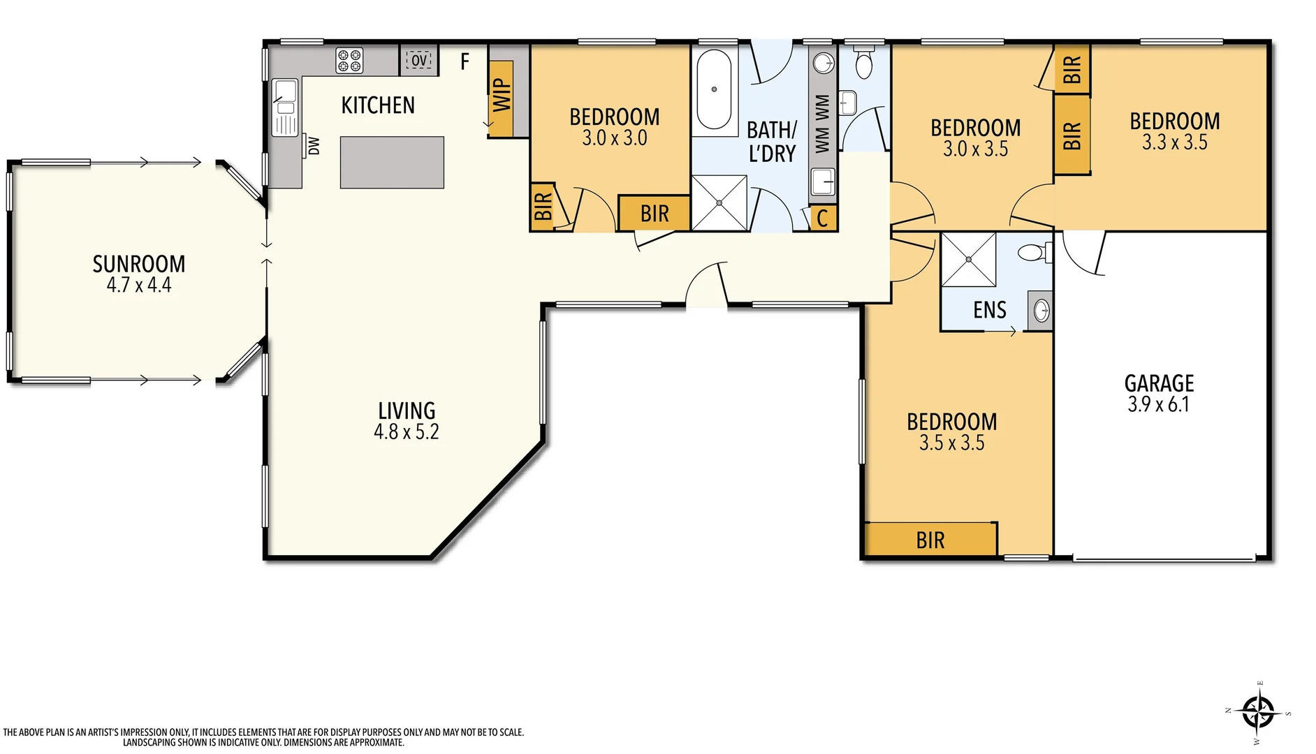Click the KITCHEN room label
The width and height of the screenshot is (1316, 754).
point(378,105)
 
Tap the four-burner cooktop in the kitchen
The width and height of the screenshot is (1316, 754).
point(349,60)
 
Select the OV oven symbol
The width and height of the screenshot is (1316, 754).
point(419,61)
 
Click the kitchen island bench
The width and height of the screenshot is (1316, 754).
point(392,162)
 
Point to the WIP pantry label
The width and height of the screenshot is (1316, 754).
point(502,96)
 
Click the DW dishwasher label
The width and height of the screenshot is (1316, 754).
point(314,146)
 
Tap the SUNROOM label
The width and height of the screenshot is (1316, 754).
point(139,264)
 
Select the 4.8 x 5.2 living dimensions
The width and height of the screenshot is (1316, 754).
point(406,431)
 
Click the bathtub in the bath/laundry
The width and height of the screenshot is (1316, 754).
point(714,89)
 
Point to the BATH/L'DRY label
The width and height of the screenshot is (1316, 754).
point(772,142)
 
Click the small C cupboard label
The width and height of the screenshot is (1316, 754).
point(822,219)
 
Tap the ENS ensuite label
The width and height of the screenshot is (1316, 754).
point(989,310)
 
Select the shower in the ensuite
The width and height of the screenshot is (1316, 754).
point(968,260)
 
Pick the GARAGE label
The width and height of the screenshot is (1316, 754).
point(1159,383)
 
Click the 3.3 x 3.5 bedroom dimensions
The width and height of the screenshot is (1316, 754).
point(1174,142)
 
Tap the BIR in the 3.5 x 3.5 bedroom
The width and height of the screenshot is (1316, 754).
point(930,540)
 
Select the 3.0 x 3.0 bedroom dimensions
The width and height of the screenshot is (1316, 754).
point(614,138)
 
